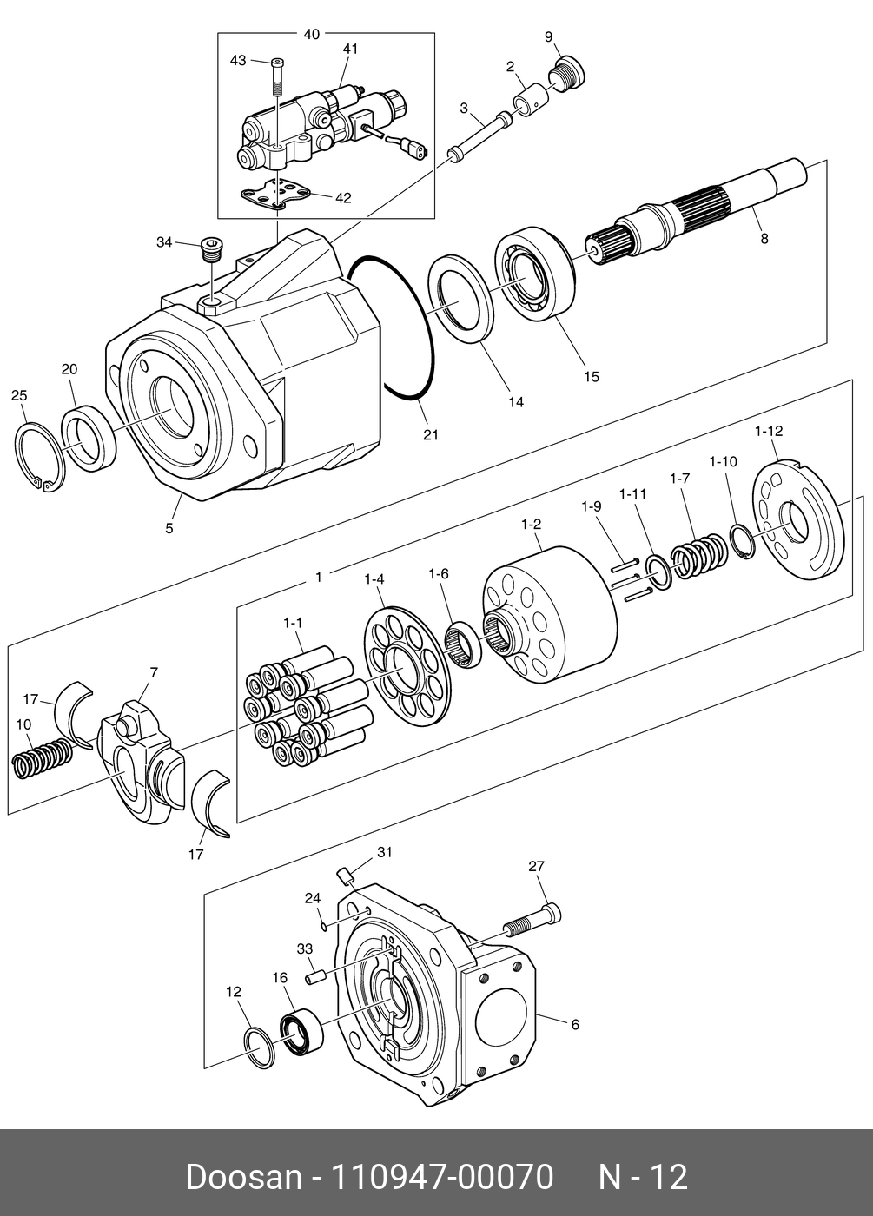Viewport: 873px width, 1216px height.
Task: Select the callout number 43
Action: pos(238,60)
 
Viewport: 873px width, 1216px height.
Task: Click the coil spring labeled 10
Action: pos(42,757)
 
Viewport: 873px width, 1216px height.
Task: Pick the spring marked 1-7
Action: pos(699,557)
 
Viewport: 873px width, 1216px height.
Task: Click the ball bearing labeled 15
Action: pos(535,273)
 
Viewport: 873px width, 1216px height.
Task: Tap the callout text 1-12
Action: pos(768,431)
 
